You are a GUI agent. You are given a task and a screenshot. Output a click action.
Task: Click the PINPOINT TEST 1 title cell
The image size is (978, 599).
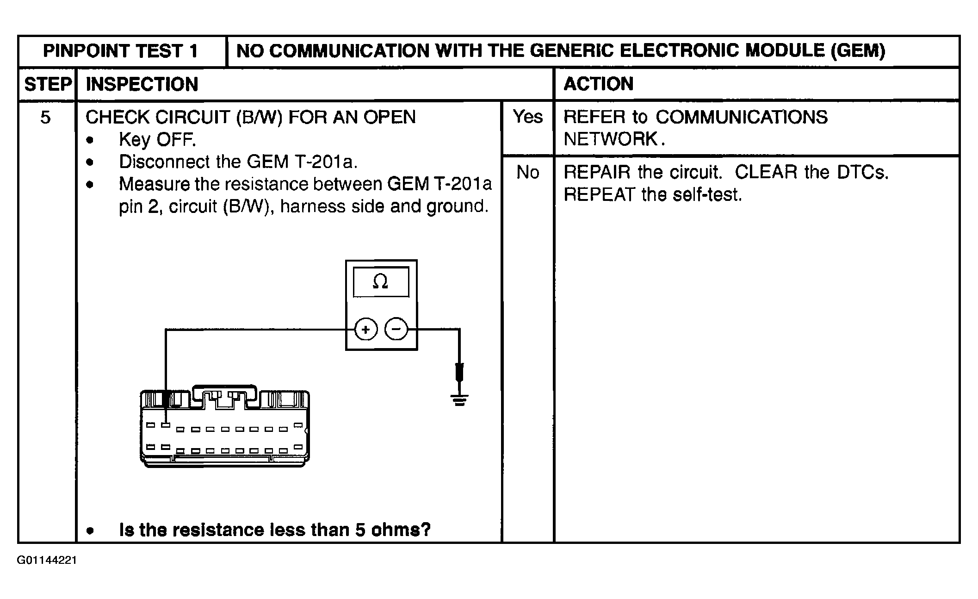(x=121, y=51)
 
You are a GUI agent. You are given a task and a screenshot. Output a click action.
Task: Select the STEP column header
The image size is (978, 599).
(x=47, y=84)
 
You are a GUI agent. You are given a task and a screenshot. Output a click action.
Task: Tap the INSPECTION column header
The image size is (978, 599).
(x=142, y=84)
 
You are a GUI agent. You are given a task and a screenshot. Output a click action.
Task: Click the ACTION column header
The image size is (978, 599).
(x=598, y=84)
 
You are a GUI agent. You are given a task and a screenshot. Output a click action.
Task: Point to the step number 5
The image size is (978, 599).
(x=45, y=118)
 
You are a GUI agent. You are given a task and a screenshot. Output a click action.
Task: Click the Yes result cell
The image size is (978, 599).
(x=527, y=117)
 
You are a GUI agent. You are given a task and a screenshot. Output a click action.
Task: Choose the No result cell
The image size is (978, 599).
(x=527, y=173)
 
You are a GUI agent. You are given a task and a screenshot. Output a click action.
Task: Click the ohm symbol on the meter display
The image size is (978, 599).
(x=380, y=281)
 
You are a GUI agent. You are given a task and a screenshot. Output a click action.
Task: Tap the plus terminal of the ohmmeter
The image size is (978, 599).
(x=366, y=330)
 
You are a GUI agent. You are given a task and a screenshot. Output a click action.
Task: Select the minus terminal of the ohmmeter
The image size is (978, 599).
(x=396, y=330)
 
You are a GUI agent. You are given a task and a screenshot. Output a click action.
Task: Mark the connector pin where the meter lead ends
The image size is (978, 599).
(x=166, y=424)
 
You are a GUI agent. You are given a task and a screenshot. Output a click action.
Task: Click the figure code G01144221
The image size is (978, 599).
(x=47, y=561)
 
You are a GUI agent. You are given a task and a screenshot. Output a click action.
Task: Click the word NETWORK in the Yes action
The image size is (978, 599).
(x=611, y=139)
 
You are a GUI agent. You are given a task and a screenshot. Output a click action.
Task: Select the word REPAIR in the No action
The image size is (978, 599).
(x=597, y=173)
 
